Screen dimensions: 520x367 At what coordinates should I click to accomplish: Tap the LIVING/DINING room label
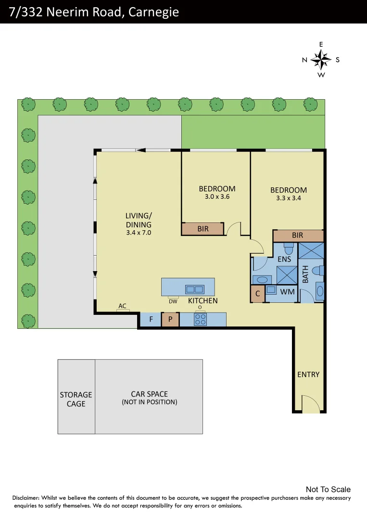[x=139, y=220]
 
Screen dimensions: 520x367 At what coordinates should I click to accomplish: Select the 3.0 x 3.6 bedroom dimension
[x=217, y=196]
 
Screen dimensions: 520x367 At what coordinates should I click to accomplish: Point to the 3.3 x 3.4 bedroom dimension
[x=288, y=198]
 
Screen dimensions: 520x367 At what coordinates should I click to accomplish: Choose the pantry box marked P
[x=170, y=319]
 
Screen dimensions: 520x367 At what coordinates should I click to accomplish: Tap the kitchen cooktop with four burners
[x=200, y=319]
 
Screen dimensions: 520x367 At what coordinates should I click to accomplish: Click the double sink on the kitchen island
[x=195, y=289]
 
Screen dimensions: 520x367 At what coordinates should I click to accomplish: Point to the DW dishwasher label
[x=173, y=301]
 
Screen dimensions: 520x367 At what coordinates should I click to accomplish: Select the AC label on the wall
[x=122, y=306]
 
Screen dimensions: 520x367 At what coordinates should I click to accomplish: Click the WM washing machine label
[x=287, y=291]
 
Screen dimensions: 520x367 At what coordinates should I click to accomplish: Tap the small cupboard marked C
[x=257, y=293]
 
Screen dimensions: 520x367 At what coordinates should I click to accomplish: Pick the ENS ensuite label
[x=284, y=259]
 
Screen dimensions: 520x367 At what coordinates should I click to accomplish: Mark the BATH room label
[x=304, y=275]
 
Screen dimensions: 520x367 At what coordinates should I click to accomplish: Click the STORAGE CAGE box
[x=76, y=399]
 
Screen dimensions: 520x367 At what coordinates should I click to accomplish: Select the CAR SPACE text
[x=149, y=394]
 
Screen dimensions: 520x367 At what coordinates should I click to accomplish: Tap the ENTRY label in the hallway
[x=308, y=374]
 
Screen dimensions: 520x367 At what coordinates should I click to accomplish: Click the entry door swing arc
[x=308, y=403]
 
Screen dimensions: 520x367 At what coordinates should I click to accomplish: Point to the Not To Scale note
[x=328, y=489]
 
